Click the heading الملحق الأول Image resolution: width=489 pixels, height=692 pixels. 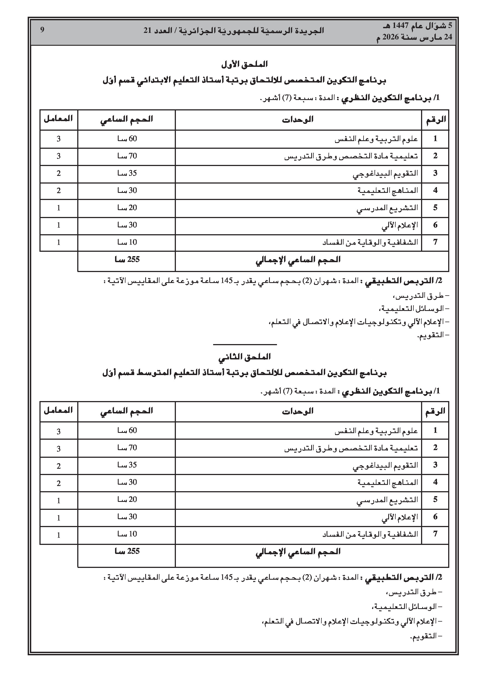[244, 64]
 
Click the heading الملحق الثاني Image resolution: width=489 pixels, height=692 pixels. [244, 357]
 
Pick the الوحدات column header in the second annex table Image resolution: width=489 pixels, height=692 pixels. [298, 411]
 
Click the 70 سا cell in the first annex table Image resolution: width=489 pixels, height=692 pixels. [127, 156]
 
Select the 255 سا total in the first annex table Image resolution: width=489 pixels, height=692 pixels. [127, 260]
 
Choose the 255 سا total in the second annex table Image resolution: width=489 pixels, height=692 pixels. [127, 551]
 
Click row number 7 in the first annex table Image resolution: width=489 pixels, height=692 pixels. [435, 242]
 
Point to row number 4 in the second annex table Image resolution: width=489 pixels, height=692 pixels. [435, 482]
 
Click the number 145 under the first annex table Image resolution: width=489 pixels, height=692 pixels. [227, 281]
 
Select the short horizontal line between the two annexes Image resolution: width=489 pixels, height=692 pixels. [245, 344]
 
